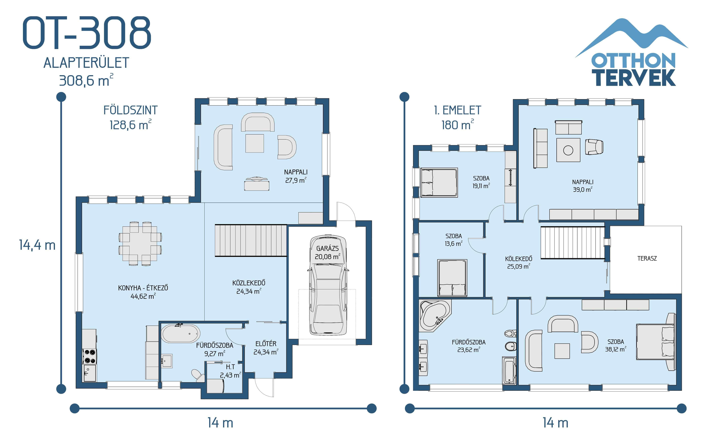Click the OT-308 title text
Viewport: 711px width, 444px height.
(x=87, y=33)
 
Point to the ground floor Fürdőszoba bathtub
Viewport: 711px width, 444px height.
(x=181, y=334)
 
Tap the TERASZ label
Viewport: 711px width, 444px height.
(x=647, y=258)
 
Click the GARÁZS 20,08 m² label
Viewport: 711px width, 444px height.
(x=327, y=253)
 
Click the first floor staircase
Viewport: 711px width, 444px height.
(x=572, y=243)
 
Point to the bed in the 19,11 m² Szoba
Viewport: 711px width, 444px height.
(x=439, y=182)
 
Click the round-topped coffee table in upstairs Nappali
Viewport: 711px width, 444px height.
(x=568, y=150)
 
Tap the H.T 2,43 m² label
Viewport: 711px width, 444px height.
(x=230, y=371)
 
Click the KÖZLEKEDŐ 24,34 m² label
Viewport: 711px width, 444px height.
(x=249, y=287)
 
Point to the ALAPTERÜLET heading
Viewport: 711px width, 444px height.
(x=86, y=63)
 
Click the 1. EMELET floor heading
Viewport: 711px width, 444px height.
(x=457, y=110)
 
